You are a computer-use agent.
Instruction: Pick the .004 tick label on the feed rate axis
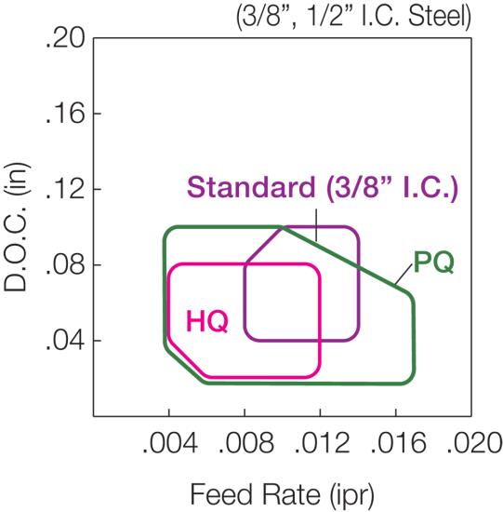coord(170,443)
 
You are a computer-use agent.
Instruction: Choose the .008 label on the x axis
coord(246,443)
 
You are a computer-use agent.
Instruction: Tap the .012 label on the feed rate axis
coord(322,443)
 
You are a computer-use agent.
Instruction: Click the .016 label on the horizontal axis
coord(398,443)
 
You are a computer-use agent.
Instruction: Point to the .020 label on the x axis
coord(473,443)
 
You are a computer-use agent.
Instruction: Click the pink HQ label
coord(207,321)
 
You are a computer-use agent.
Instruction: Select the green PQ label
coord(434,263)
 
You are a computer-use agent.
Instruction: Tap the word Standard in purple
coord(251,187)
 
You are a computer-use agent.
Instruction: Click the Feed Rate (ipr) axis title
coord(282,494)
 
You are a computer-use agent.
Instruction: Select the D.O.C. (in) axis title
coord(16,226)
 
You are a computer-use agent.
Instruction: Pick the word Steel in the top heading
coord(440,17)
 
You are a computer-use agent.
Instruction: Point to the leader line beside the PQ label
coord(404,275)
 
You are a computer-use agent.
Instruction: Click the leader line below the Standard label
coord(316,225)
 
